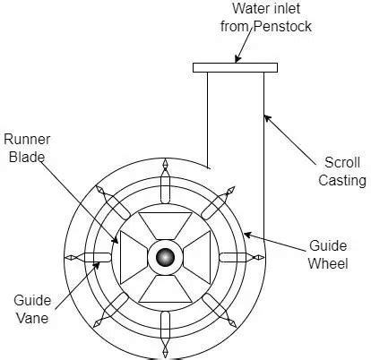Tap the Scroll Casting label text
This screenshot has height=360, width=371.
point(345,171)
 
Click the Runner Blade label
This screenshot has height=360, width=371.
point(24,149)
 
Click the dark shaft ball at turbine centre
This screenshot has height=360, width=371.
point(165,258)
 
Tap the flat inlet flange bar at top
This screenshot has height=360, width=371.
point(235,67)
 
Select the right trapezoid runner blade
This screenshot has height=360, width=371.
point(199,258)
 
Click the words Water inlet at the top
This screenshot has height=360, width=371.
point(236,9)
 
